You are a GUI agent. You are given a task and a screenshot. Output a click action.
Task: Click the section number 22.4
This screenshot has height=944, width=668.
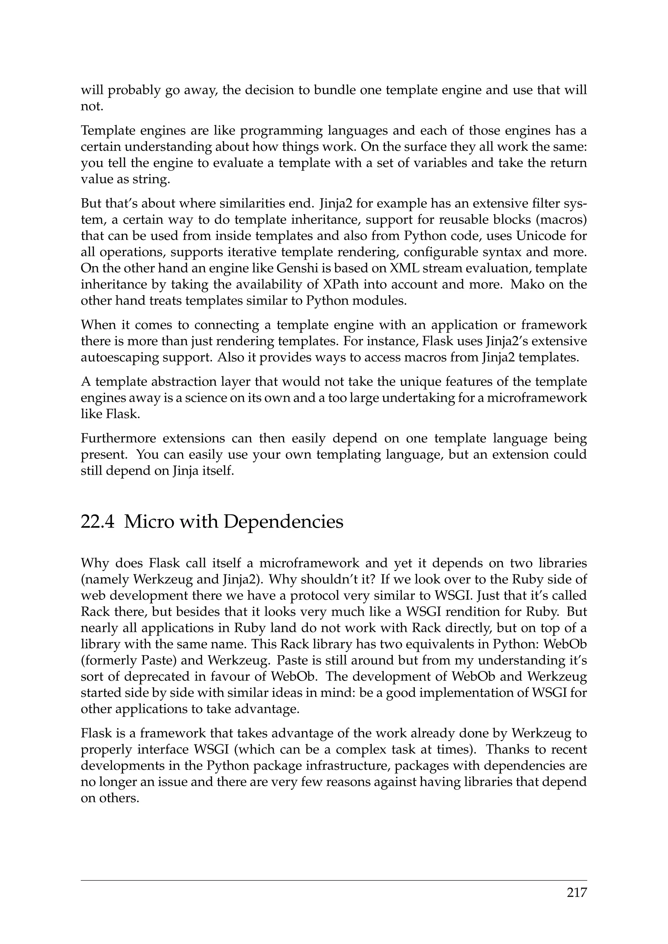tap(98, 522)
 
